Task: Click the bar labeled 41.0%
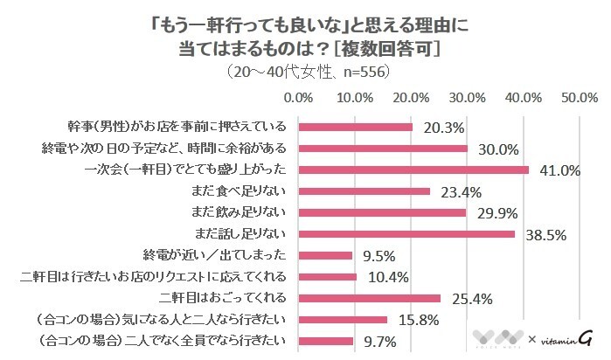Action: point(413,170)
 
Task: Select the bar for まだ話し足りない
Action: point(406,234)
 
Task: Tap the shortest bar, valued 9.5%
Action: point(325,256)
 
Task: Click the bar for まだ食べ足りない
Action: point(365,191)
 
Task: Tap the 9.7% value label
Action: point(380,341)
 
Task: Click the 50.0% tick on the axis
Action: point(579,96)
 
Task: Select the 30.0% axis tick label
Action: point(468,96)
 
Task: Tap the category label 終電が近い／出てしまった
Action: point(215,255)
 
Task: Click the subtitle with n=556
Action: point(307,69)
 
